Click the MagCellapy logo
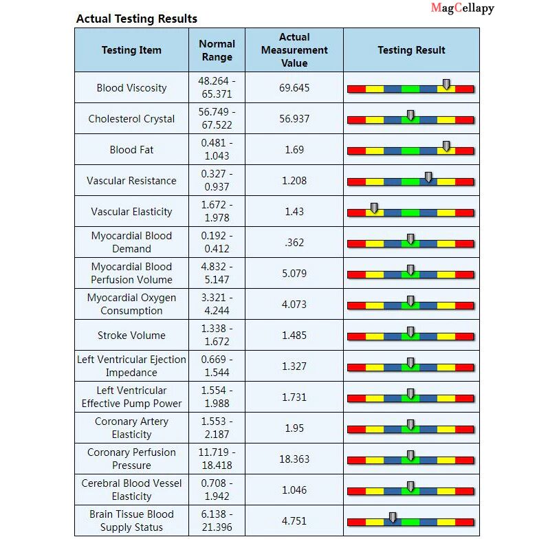point(462,8)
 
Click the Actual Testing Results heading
point(136,19)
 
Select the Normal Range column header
point(217,50)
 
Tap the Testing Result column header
point(411,50)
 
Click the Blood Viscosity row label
point(131,88)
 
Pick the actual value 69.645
point(294,88)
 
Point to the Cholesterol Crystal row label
point(131,119)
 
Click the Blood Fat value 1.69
point(294,150)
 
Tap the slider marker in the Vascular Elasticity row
point(375,208)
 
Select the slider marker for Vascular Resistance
point(428,177)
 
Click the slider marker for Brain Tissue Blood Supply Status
point(393,517)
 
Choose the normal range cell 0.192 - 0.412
point(217,242)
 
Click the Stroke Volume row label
point(131,336)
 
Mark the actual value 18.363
point(294,459)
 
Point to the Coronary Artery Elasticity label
point(131,428)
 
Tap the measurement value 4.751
point(294,521)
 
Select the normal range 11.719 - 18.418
point(217,459)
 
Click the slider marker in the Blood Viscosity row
point(446,84)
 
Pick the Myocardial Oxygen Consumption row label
point(131,304)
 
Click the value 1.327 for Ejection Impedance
point(294,366)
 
